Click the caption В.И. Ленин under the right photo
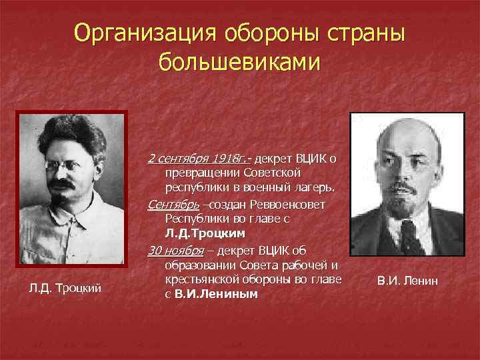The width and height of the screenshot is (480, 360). (407, 281)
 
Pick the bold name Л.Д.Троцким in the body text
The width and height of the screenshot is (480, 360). (205, 234)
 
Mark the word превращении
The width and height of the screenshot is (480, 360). (201, 173)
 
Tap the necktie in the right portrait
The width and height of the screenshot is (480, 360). (407, 237)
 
